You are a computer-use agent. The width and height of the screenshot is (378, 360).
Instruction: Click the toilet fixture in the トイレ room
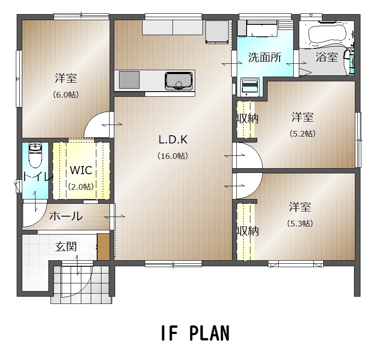click(35, 155)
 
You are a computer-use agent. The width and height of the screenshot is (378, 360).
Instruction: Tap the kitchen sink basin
click(179, 80)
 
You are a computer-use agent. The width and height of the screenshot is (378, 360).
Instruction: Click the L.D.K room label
click(173, 140)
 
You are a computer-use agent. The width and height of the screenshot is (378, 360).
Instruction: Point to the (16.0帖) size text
click(173, 156)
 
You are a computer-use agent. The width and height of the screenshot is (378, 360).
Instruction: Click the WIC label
click(81, 170)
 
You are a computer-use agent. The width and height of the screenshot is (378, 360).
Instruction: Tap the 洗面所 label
click(265, 57)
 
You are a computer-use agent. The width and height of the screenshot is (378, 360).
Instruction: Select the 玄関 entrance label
click(66, 247)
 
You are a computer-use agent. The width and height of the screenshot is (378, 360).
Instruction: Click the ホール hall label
click(66, 216)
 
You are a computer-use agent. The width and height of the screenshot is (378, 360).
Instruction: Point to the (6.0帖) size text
click(66, 95)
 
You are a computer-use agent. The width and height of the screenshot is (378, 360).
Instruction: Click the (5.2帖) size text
click(303, 134)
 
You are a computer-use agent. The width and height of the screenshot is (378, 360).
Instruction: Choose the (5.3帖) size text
click(300, 224)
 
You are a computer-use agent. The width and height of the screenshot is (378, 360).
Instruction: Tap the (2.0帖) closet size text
click(81, 187)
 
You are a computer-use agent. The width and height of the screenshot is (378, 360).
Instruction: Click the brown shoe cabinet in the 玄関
click(104, 247)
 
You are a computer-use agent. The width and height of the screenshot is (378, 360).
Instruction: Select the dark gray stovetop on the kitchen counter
click(129, 80)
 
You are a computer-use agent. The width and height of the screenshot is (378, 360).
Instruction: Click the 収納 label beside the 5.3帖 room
click(247, 231)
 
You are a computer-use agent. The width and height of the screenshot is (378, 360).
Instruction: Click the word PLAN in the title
click(209, 333)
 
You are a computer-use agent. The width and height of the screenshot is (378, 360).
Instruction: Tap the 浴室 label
click(327, 57)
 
